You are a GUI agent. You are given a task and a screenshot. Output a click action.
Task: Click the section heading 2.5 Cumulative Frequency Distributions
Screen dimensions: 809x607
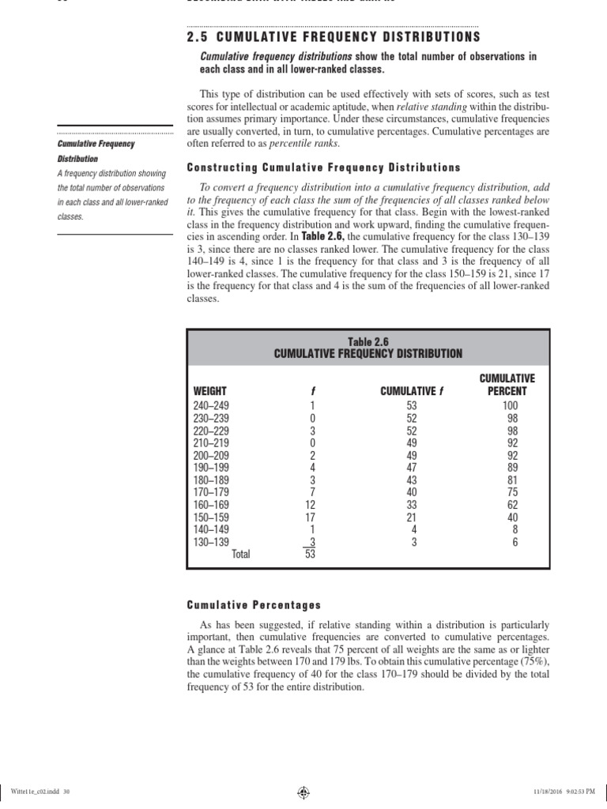click(x=333, y=37)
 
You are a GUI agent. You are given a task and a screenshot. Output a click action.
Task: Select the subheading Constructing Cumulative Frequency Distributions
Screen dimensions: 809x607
click(x=322, y=167)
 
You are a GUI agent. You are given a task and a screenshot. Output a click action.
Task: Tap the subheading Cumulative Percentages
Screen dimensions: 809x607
click(x=254, y=604)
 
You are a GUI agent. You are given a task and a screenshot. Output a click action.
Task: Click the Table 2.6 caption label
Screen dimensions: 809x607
click(x=368, y=341)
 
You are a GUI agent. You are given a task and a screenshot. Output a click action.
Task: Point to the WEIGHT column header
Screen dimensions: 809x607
click(x=210, y=391)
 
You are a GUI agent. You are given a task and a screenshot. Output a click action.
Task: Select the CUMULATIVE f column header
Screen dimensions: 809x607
click(x=413, y=391)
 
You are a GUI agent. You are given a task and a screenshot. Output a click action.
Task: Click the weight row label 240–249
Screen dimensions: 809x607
click(x=211, y=406)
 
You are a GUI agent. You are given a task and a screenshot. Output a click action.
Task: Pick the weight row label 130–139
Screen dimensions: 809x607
click(x=211, y=542)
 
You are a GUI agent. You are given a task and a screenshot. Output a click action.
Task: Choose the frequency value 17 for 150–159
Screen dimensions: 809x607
click(x=310, y=517)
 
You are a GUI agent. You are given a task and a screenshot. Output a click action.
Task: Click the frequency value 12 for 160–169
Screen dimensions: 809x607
click(x=310, y=505)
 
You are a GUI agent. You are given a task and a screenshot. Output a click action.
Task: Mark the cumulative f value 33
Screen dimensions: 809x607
click(x=412, y=505)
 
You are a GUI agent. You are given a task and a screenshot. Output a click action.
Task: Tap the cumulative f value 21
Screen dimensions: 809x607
click(x=412, y=517)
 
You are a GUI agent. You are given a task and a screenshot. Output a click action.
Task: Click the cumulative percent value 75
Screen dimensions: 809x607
click(x=513, y=492)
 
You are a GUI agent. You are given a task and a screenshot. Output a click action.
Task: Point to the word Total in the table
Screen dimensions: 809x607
click(x=240, y=555)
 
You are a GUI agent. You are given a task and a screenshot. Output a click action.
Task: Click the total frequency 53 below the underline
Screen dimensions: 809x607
click(x=310, y=555)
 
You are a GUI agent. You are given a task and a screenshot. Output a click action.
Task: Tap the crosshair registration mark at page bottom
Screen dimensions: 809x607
click(x=303, y=789)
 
